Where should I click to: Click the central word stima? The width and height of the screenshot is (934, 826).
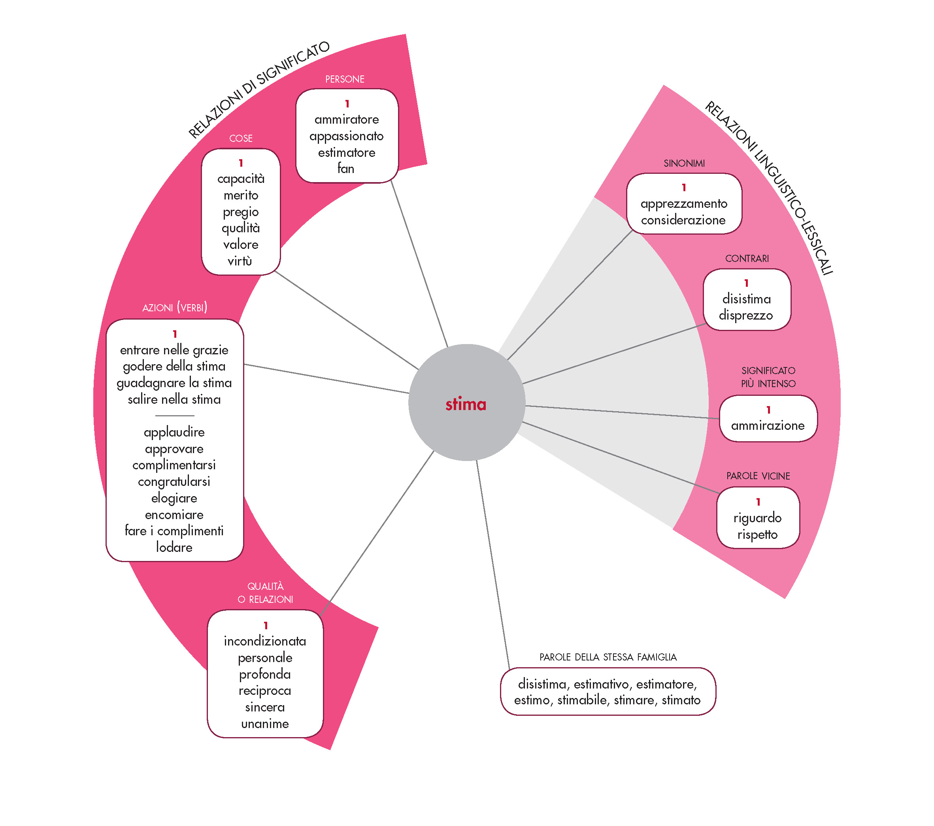coord(466,404)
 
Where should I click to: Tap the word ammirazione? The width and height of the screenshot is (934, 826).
coord(768,425)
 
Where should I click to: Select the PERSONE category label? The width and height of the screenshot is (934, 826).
coord(345,79)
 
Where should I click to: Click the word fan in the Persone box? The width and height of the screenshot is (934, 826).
coord(346,169)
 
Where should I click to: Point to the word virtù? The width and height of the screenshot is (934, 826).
coord(240,261)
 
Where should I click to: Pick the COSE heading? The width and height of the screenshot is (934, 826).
coord(241,138)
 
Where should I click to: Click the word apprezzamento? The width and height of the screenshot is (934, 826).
coord(683,204)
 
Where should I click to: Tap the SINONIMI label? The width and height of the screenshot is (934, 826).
coord(684,164)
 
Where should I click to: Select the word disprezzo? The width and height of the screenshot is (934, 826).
coord(746,315)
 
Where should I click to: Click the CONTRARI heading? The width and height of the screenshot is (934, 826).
coord(747,258)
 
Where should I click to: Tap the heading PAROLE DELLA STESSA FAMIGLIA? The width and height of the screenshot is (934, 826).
coord(608,657)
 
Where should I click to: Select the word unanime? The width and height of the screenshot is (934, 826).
coord(265,724)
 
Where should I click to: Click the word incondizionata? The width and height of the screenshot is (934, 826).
coord(265,641)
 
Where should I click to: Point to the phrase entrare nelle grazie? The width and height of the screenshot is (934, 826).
coord(174,350)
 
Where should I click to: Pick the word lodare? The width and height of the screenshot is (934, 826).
coord(174,547)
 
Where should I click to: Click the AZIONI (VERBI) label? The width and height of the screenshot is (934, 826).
coord(175,308)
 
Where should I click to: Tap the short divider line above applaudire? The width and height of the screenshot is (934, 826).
coord(175,416)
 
